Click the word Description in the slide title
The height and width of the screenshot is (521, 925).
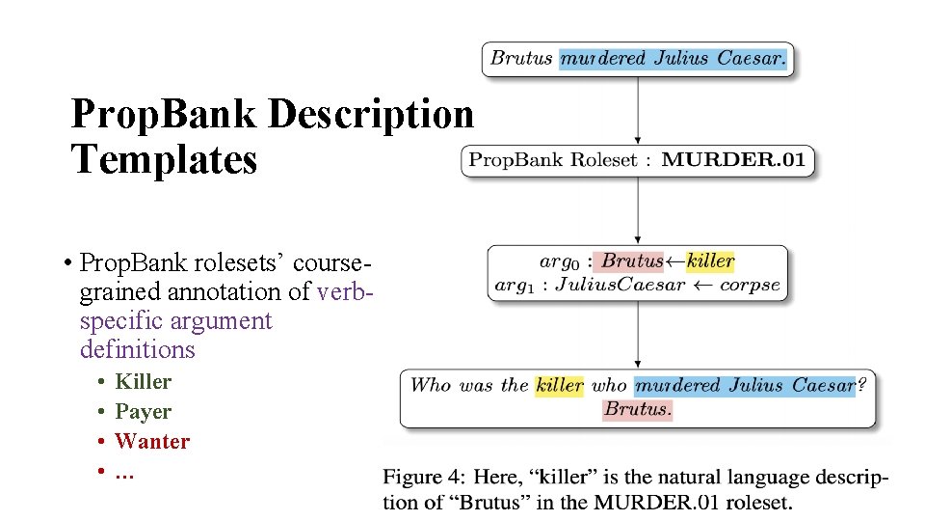[x=371, y=115]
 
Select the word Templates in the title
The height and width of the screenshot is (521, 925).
[x=165, y=159]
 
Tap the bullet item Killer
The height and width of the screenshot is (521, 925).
[x=143, y=381]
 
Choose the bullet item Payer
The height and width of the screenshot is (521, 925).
[x=143, y=411]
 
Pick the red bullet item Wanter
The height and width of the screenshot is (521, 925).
[x=152, y=441]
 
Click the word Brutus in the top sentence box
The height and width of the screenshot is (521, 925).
[x=521, y=58]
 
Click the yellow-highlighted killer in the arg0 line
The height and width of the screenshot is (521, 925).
[x=710, y=260]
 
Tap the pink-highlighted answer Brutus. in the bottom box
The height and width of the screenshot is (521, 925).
[x=638, y=409]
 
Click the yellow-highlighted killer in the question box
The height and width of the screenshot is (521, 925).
[x=559, y=385]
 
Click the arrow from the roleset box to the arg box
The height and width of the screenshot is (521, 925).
[x=638, y=209]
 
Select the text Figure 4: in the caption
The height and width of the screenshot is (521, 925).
[x=419, y=477]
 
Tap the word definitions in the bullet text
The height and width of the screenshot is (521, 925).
[x=138, y=348]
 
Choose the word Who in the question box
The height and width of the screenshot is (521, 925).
[x=431, y=385]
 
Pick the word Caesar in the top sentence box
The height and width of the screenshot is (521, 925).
[x=751, y=58]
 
